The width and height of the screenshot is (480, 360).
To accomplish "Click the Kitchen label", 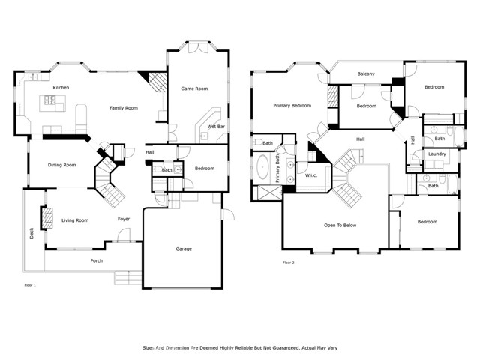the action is [x=61, y=88].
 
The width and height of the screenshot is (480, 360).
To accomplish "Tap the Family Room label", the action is [x=124, y=108].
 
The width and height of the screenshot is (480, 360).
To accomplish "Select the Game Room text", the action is [x=194, y=88].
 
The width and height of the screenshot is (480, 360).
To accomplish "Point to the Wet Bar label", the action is [x=216, y=127].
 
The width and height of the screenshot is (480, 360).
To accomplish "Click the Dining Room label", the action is [x=61, y=165].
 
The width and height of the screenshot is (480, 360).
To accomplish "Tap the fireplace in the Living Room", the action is [x=46, y=217].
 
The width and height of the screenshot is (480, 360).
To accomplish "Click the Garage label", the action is [x=184, y=248].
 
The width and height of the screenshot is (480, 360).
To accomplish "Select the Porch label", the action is [x=97, y=260].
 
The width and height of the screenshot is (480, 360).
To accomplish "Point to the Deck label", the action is [x=31, y=233].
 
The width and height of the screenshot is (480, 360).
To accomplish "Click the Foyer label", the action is [x=124, y=219].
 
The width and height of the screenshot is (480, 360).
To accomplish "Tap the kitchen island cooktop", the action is [x=50, y=100].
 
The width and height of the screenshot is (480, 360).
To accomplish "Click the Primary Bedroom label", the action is [x=292, y=106].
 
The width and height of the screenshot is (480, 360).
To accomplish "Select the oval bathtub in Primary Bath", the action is [x=262, y=167].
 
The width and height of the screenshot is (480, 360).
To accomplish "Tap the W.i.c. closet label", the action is [x=311, y=175].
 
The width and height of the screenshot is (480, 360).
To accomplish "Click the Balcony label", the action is [x=366, y=73].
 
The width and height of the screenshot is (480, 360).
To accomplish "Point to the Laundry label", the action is [x=436, y=154].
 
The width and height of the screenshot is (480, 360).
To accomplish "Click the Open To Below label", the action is [x=340, y=225].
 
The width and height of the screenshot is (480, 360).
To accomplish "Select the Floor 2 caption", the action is [x=288, y=262].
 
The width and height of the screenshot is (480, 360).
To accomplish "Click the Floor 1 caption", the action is [x=30, y=285].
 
